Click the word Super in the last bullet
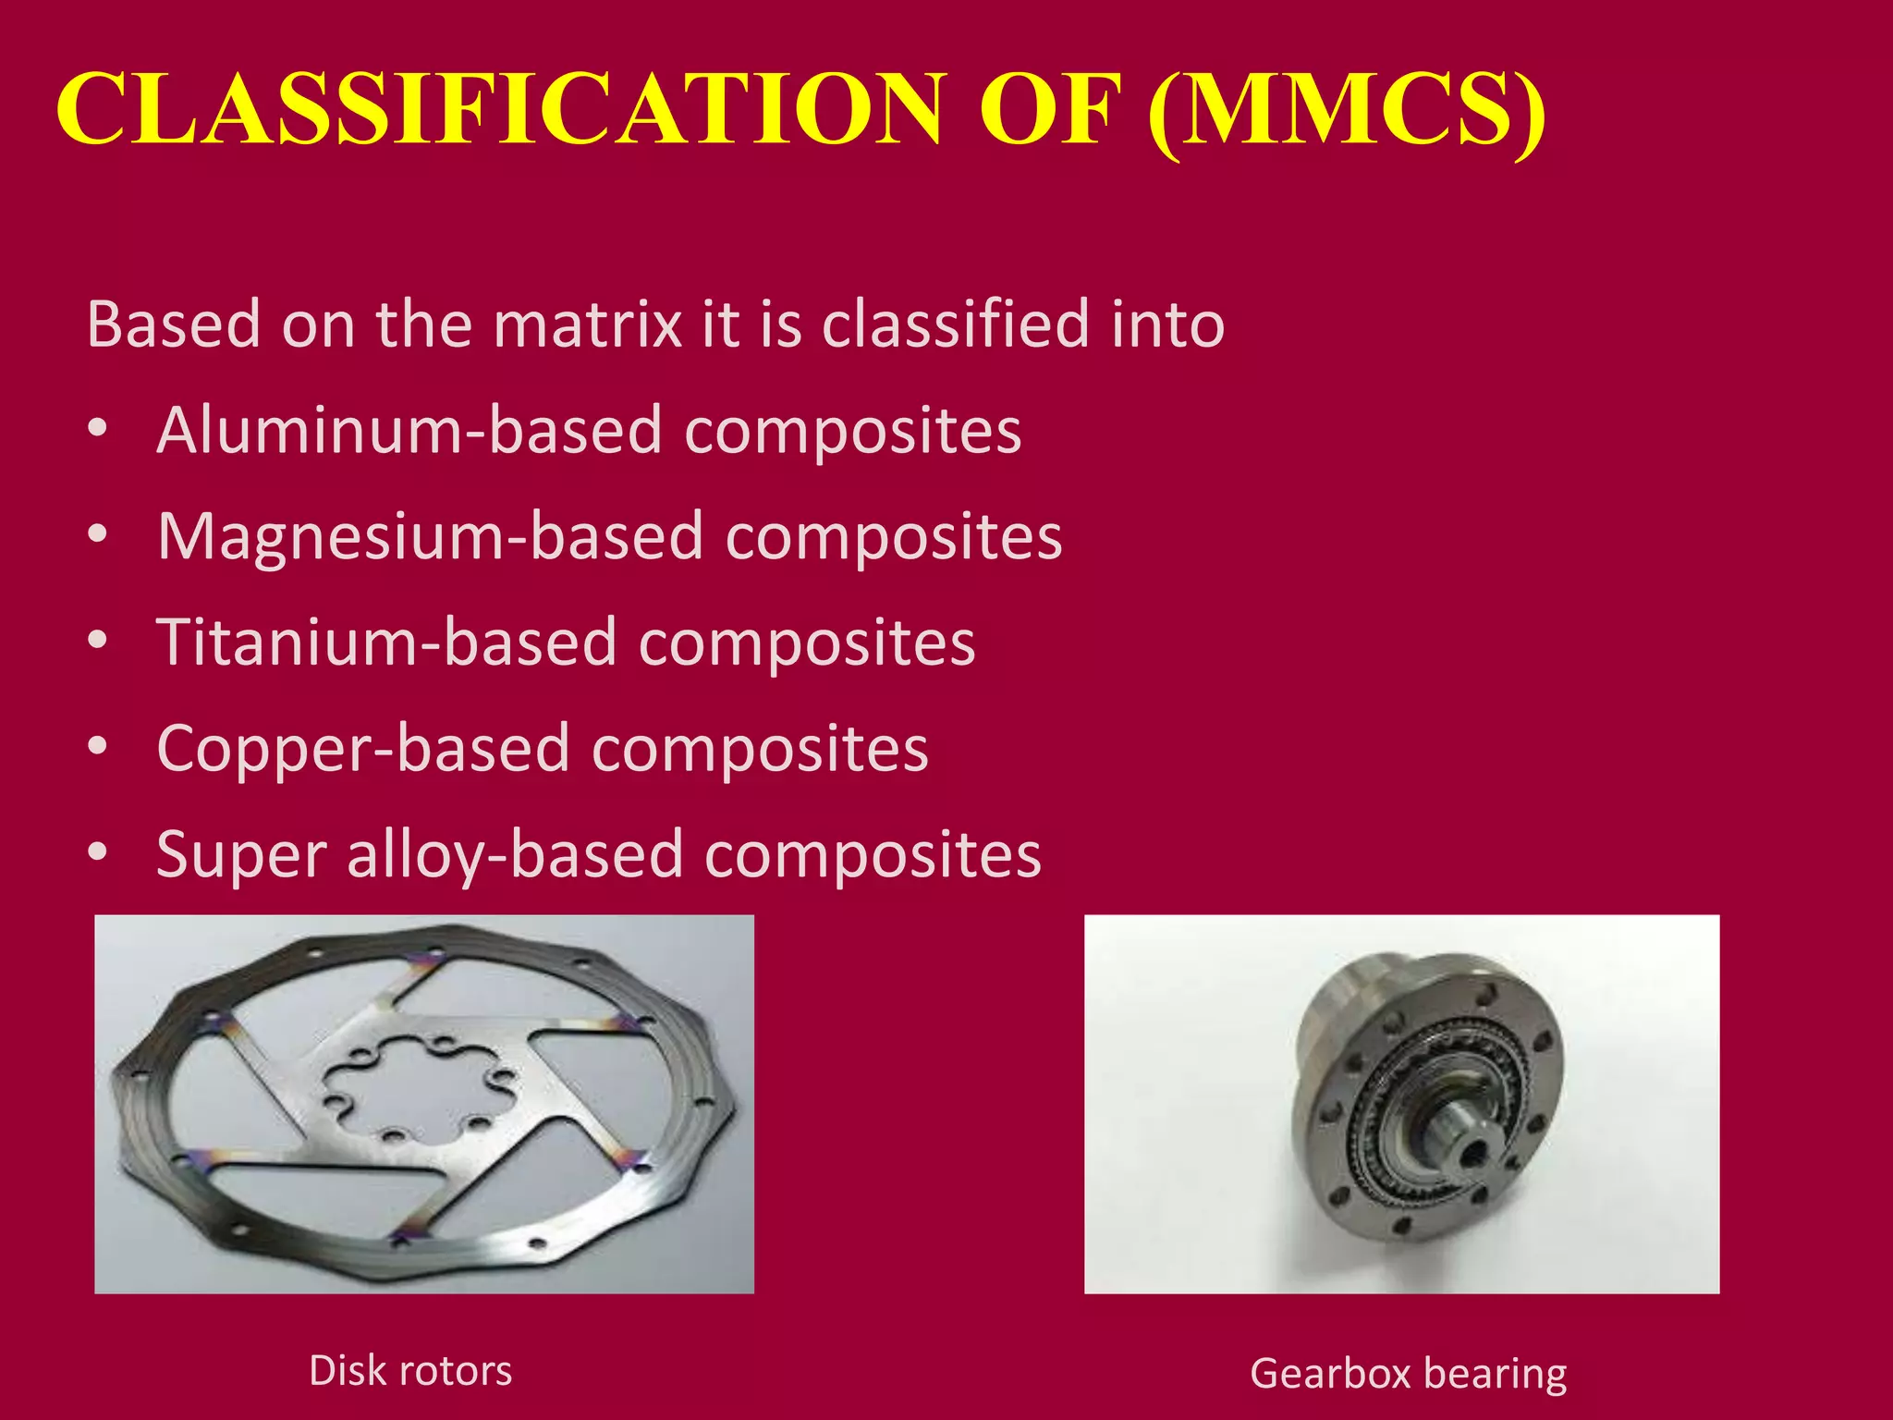pyautogui.click(x=241, y=855)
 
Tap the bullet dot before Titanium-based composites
pyautogui.click(x=98, y=640)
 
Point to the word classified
pyautogui.click(x=956, y=324)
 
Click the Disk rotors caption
pyautogui.click(x=410, y=1370)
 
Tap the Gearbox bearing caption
pyautogui.click(x=1408, y=1373)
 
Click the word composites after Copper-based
pyautogui.click(x=760, y=749)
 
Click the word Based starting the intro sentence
pyautogui.click(x=174, y=324)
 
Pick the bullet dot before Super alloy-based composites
pyautogui.click(x=98, y=851)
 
